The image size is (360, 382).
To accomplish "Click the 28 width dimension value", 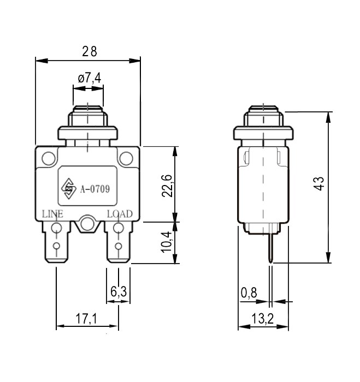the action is (90, 51).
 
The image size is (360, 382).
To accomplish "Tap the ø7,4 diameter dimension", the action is (90, 78).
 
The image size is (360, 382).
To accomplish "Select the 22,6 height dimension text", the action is (167, 186).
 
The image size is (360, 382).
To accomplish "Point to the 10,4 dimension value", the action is (167, 242).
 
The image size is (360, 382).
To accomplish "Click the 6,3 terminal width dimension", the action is (119, 291).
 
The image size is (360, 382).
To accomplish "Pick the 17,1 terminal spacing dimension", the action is (86, 318).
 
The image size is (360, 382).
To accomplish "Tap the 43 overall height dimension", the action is (319, 183).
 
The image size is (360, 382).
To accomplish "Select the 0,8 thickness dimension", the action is (249, 293).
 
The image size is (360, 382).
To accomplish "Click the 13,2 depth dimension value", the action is (262, 319).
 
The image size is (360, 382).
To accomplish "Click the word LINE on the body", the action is (52, 214).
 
